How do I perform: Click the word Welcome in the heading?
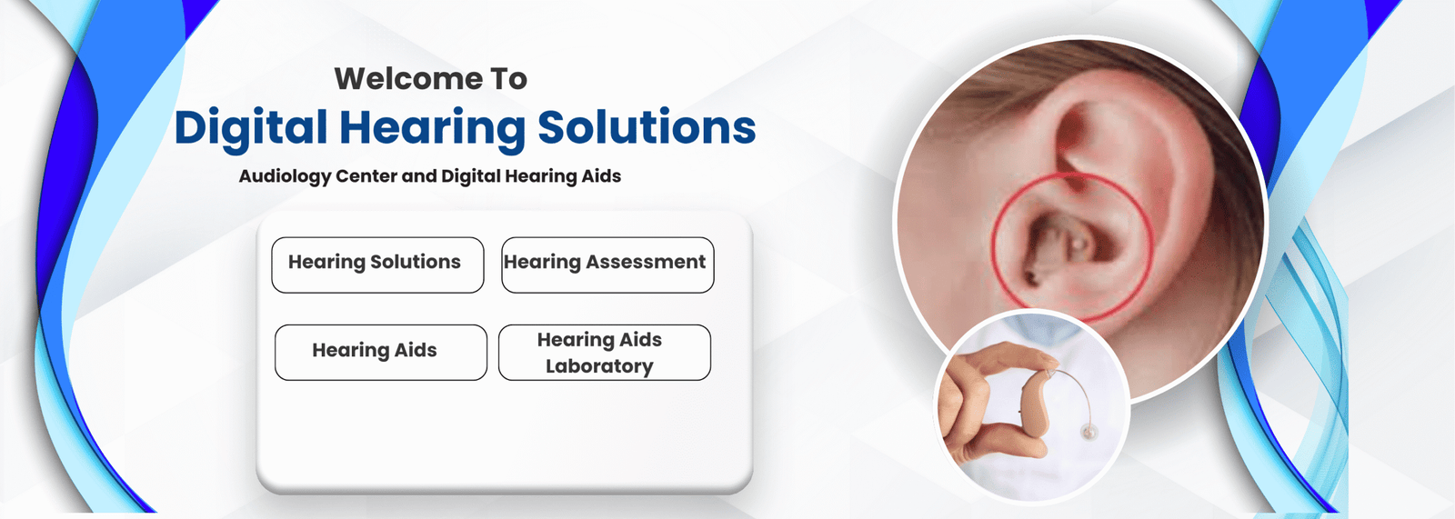pyautogui.click(x=408, y=79)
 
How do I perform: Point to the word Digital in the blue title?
pyautogui.click(x=251, y=127)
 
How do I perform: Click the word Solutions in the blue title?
pyautogui.click(x=647, y=127)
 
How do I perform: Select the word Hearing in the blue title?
pyautogui.click(x=432, y=127)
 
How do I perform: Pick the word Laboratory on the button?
pyautogui.click(x=599, y=366)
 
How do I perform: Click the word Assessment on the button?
pyautogui.click(x=646, y=262)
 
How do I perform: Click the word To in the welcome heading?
pyautogui.click(x=509, y=79)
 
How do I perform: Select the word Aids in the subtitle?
pyautogui.click(x=601, y=176)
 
